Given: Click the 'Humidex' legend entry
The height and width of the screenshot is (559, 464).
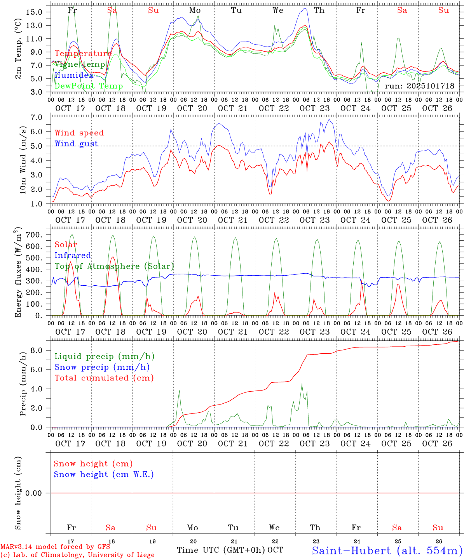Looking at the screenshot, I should pos(74,75).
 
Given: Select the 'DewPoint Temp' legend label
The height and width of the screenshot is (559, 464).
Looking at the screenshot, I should pos(89,86).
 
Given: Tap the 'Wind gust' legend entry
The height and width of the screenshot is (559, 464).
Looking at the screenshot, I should pos(76,144).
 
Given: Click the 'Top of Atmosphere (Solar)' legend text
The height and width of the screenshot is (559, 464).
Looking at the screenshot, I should pos(114,266).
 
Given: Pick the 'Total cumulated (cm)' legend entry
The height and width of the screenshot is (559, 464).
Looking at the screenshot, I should pos(104,378).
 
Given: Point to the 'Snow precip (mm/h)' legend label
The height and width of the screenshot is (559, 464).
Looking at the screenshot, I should pos(102,367).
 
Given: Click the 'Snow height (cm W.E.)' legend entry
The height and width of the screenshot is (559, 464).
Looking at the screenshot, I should pos(104,474).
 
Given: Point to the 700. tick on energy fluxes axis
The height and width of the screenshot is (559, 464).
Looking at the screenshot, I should pos(37,235).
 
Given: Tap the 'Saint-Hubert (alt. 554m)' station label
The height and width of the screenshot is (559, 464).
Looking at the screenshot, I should pos(387,550).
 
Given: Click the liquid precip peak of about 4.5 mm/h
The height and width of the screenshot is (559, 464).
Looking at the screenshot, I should pos(302,384).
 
